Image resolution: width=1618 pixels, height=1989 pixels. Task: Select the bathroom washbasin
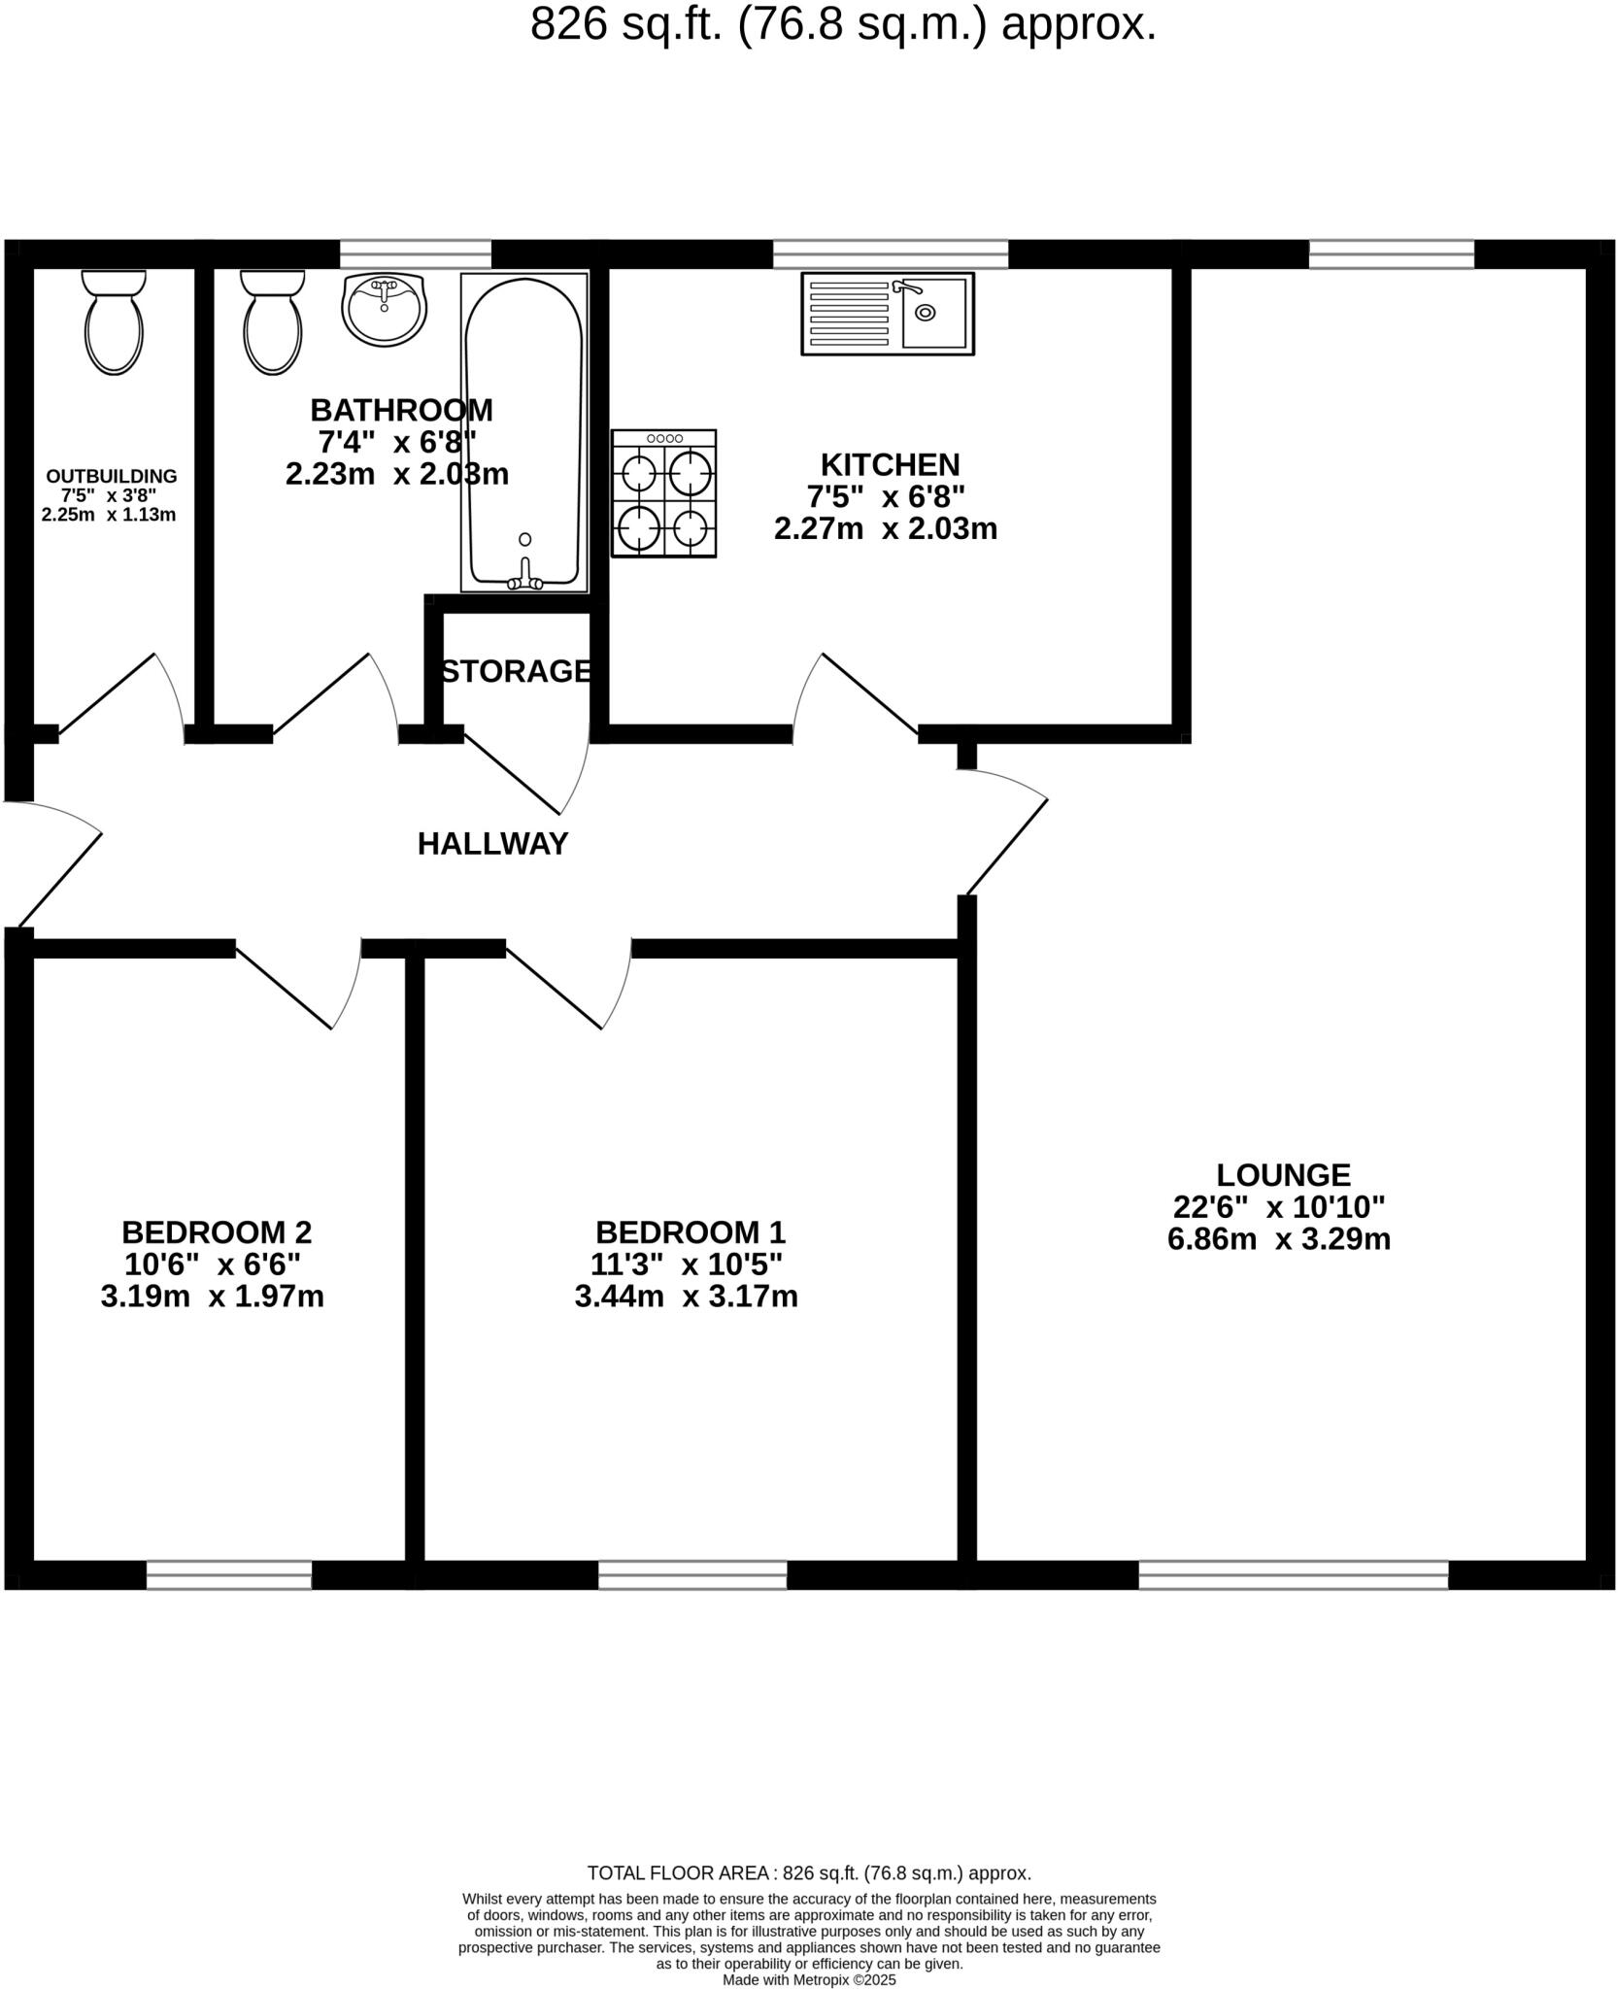pyautogui.click(x=385, y=308)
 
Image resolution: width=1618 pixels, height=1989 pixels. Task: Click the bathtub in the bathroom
pyautogui.click(x=524, y=432)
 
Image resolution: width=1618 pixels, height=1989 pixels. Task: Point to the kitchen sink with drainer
pyautogui.click(x=887, y=313)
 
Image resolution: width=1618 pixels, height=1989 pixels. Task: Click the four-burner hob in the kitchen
pyautogui.click(x=664, y=493)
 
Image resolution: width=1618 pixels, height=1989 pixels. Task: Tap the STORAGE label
pyautogui.click(x=517, y=671)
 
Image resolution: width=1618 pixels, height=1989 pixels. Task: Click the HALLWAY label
pyautogui.click(x=492, y=844)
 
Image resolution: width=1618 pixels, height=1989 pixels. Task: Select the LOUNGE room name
pyautogui.click(x=1283, y=1175)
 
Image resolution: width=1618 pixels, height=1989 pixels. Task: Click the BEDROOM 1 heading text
pyautogui.click(x=690, y=1232)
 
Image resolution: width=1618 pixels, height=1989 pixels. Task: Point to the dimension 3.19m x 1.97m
pyautogui.click(x=212, y=1297)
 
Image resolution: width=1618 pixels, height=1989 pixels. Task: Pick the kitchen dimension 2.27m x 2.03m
pyautogui.click(x=886, y=529)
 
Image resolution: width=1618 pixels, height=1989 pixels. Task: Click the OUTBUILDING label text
pyautogui.click(x=112, y=476)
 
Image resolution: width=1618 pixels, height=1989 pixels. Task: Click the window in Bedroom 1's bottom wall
pyautogui.click(x=692, y=1575)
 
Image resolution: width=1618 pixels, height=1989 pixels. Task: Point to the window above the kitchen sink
pyautogui.click(x=891, y=254)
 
